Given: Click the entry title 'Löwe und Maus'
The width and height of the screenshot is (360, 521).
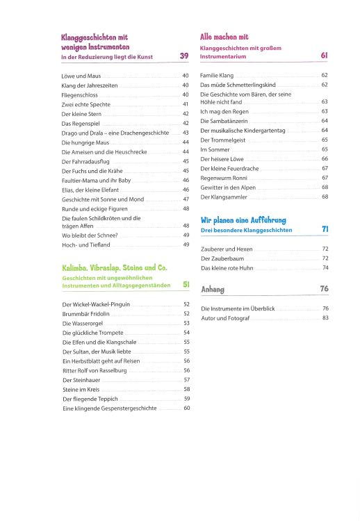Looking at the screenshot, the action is point(81,75).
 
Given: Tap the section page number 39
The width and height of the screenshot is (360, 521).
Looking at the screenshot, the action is point(184,56).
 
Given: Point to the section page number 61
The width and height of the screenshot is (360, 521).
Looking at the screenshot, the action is point(324,55).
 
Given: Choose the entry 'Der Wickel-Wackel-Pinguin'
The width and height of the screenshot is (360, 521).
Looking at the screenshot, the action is point(96,304).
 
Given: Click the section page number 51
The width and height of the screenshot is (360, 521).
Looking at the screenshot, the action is point(186,284).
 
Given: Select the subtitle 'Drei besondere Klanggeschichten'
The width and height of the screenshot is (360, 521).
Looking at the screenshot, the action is point(246,229).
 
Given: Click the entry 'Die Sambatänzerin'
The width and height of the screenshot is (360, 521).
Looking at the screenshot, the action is point(226,121).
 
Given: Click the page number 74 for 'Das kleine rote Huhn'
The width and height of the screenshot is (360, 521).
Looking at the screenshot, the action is point(325,268).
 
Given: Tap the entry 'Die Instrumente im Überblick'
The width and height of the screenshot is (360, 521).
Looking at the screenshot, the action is point(241,308).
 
